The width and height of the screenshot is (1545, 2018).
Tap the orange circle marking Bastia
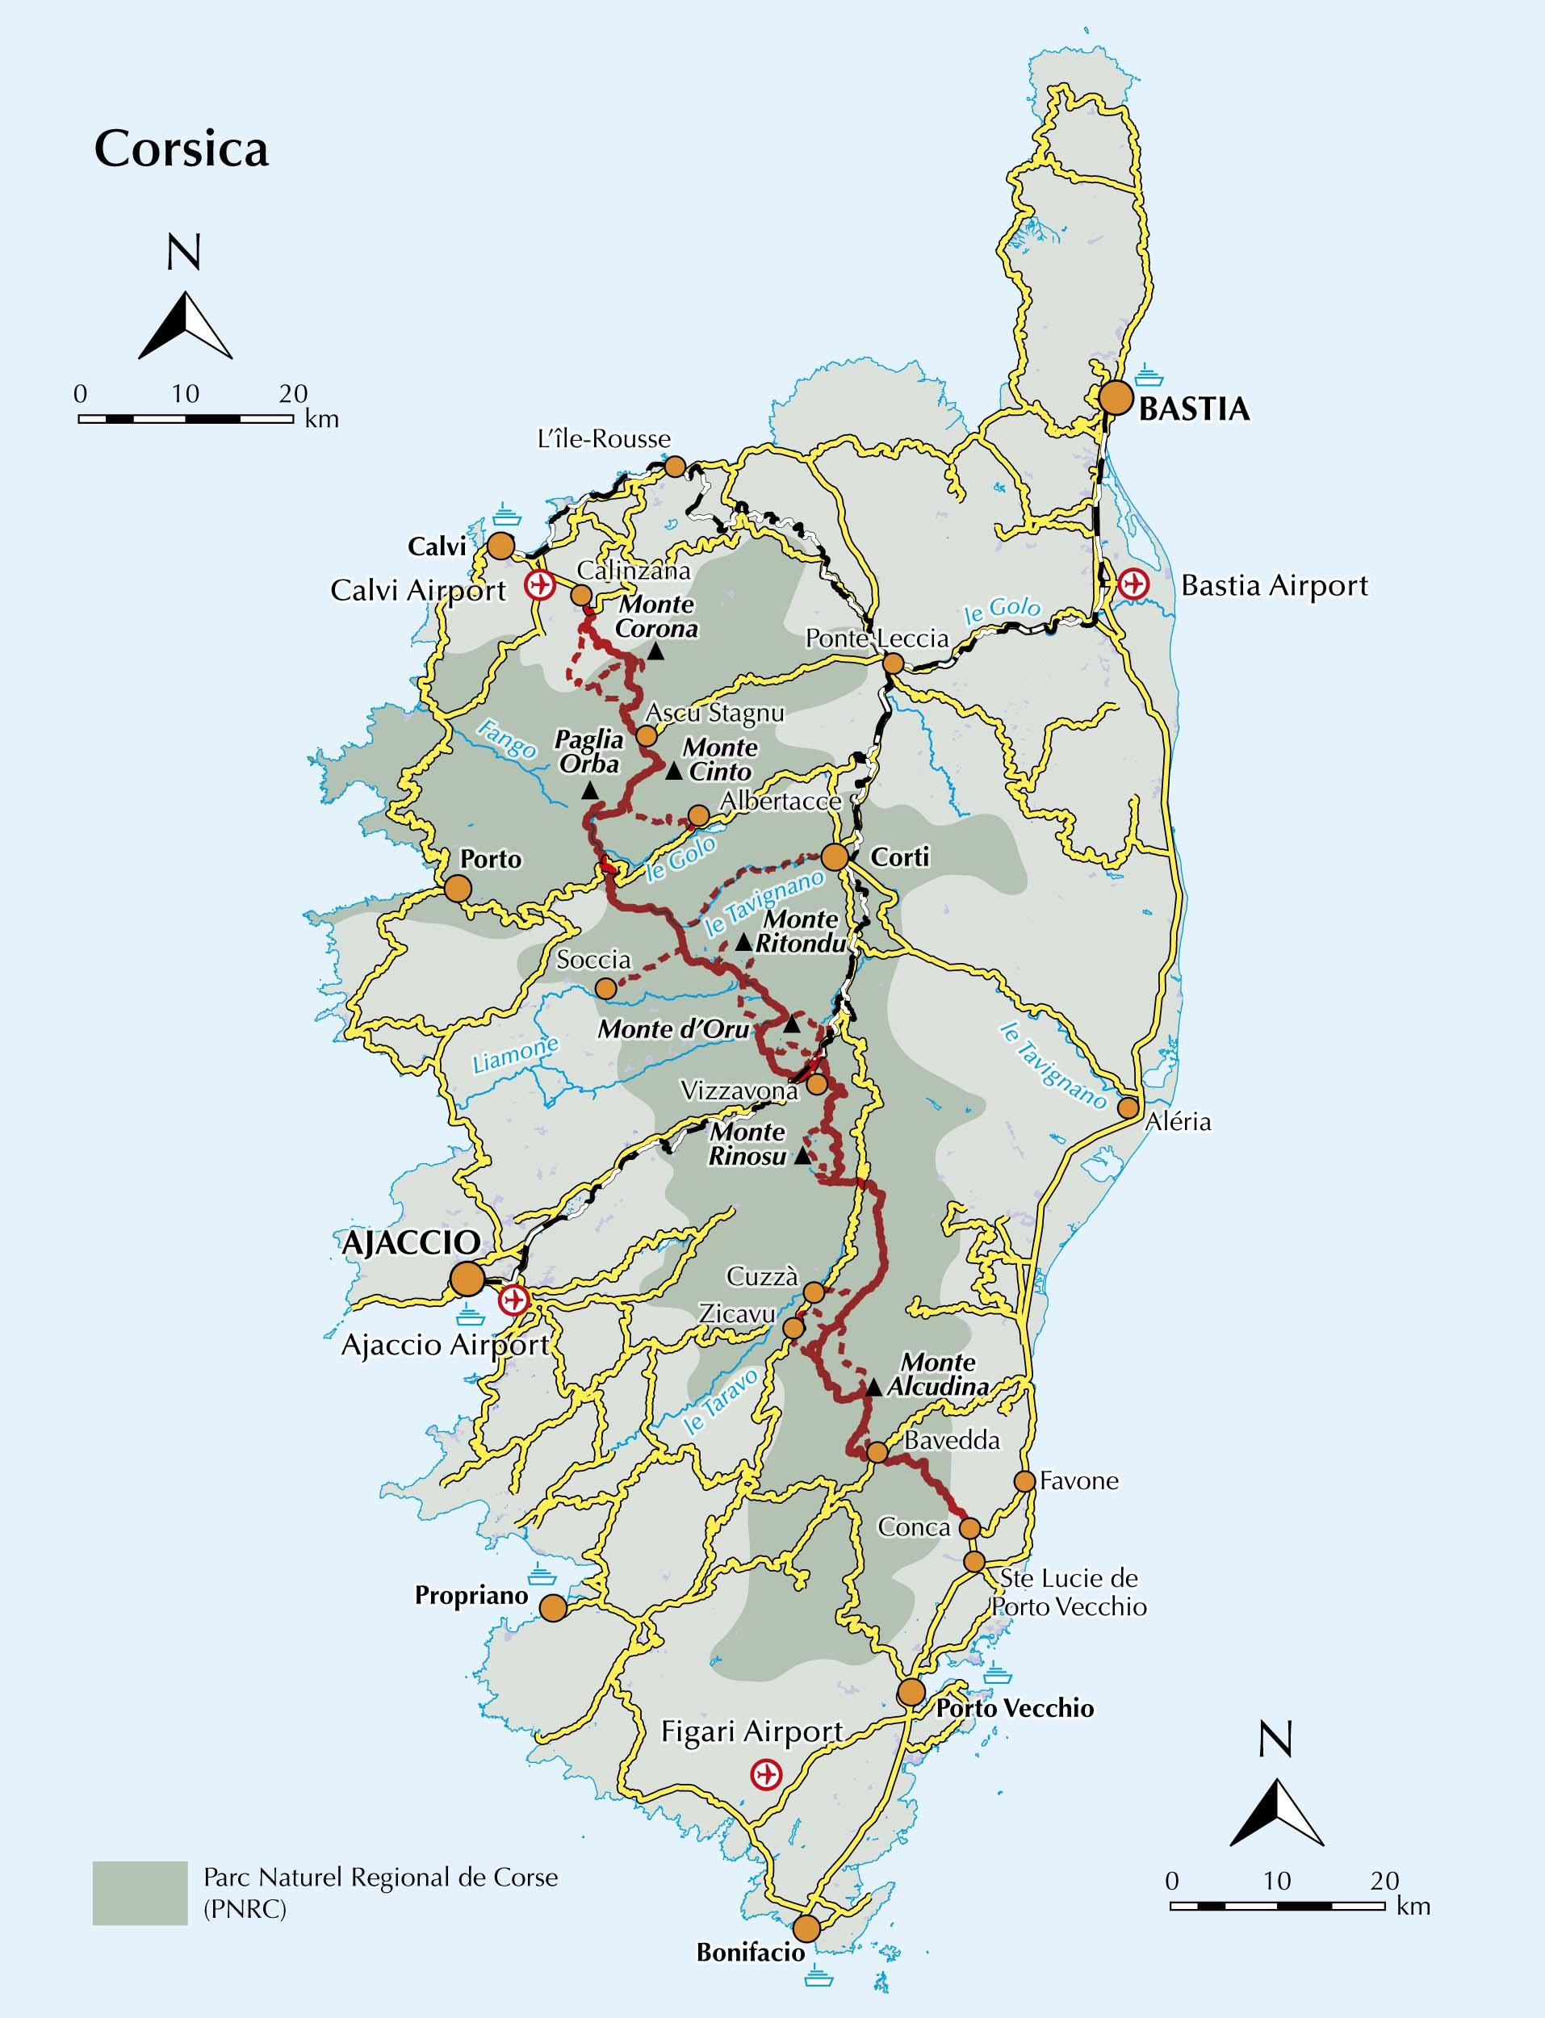coord(1116,398)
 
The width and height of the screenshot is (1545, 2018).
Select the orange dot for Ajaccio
coord(467,1279)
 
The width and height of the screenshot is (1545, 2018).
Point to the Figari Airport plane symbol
coord(764,1774)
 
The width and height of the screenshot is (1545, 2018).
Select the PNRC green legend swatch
coord(140,1892)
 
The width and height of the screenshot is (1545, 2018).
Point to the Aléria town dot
coord(1128,1107)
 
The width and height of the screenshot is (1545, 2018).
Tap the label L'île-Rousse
coord(603,439)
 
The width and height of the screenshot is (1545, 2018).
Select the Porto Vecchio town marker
coord(911,1693)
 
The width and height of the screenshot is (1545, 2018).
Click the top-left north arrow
coord(185,324)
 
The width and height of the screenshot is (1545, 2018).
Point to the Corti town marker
coord(834,857)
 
